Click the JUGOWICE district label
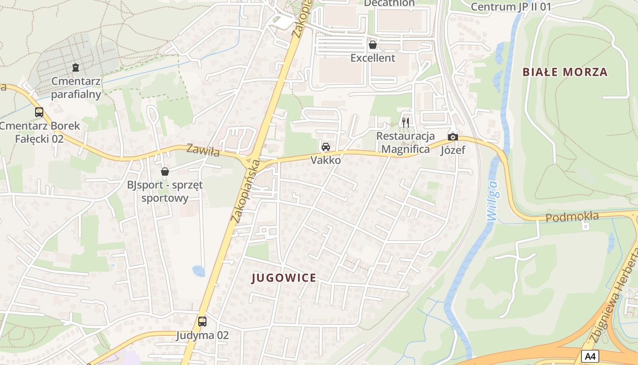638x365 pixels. pos(284,278)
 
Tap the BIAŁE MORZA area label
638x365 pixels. pos(565,72)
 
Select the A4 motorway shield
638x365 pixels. pos(590,356)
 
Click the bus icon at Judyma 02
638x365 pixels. pos(202,322)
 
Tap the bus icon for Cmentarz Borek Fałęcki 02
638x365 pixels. pos(39,112)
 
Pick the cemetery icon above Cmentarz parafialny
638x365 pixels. pos(76,68)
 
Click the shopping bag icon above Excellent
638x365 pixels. pos(372,45)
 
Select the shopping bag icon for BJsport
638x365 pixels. pos(165,172)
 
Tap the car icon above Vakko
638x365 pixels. pos(325,147)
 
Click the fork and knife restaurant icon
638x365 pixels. pos(405,122)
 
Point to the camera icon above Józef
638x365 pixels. pos(453,137)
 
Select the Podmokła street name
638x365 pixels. pos(572,217)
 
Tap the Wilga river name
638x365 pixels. pos(494,201)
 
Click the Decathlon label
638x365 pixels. pos(389,3)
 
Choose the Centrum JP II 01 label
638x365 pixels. pos(511,6)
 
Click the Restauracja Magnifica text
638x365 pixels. pos(405,142)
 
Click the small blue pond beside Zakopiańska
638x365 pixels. pos(198,271)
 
